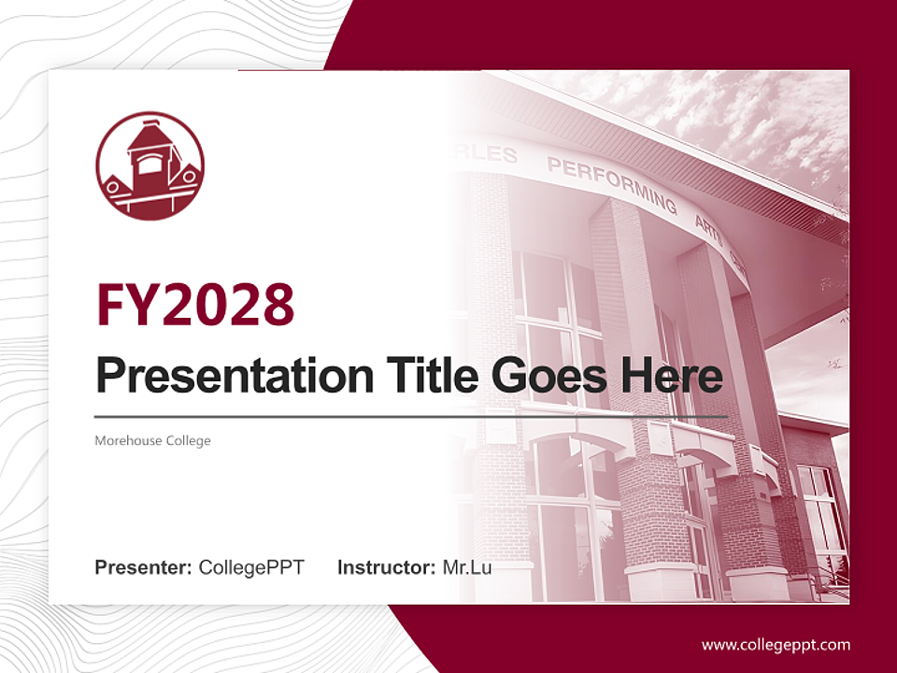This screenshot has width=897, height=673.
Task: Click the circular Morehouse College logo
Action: (149, 166)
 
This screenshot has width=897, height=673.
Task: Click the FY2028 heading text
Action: (195, 304)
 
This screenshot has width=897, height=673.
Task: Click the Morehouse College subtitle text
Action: (152, 440)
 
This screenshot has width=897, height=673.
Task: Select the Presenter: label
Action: (144, 567)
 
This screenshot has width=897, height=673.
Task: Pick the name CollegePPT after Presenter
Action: (251, 567)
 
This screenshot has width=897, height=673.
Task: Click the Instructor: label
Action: (386, 567)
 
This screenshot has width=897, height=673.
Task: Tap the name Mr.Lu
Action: (467, 567)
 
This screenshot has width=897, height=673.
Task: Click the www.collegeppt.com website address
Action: (776, 644)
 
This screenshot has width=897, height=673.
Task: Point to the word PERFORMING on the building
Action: (611, 183)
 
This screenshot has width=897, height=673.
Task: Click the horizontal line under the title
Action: (411, 416)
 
